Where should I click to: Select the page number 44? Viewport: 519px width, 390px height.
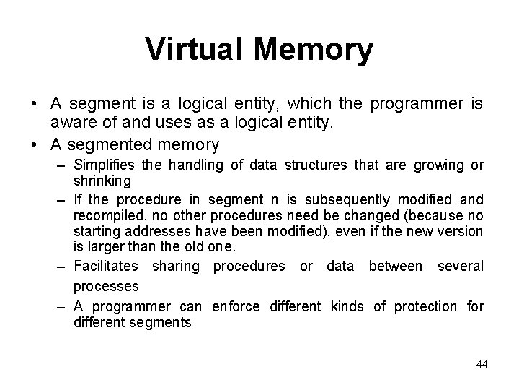point(482,365)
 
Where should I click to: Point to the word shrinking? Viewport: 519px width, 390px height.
point(102,179)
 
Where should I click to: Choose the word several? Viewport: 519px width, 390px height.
point(461,266)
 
